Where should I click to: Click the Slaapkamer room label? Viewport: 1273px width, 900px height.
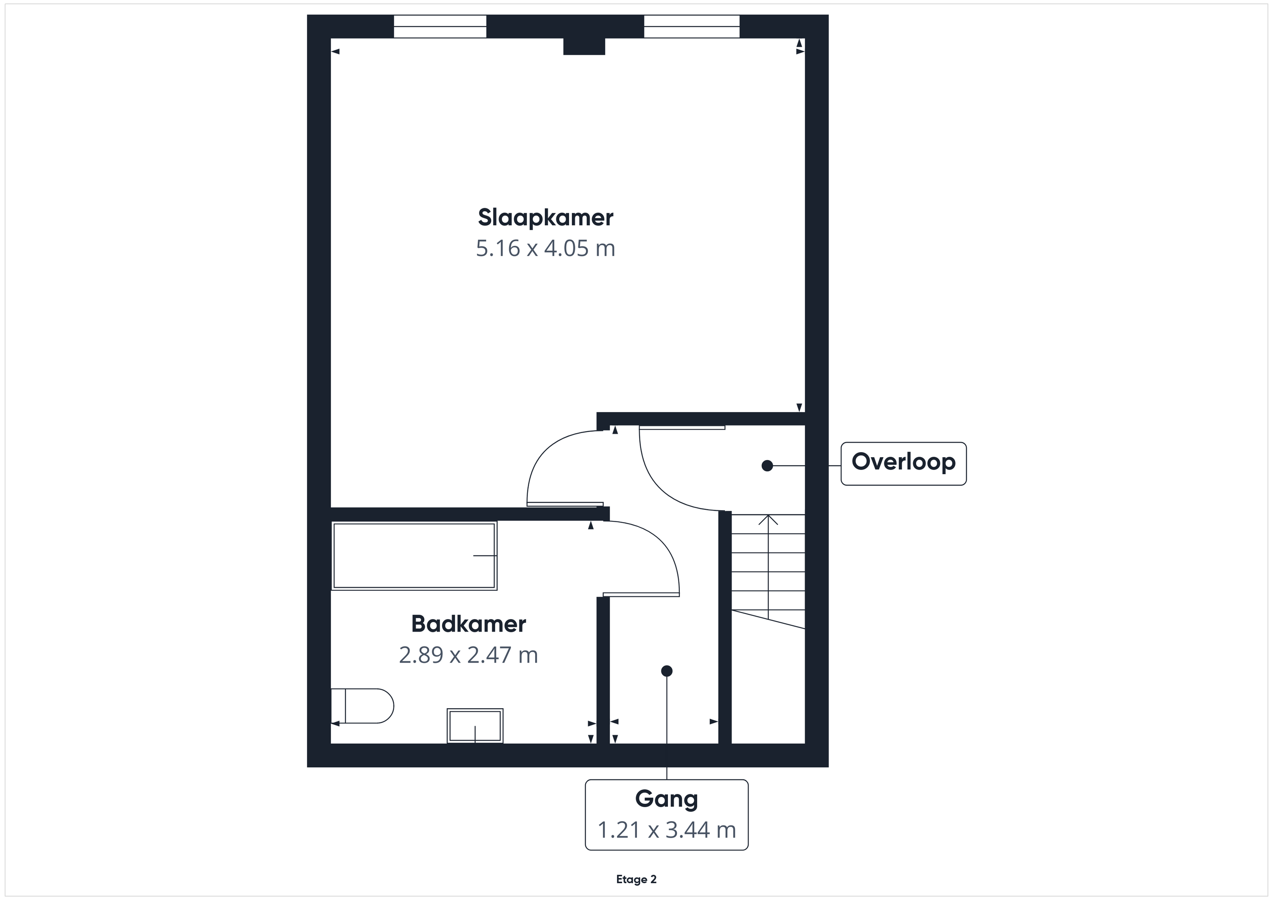pyautogui.click(x=546, y=218)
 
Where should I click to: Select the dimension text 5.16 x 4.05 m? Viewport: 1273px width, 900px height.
pyautogui.click(x=546, y=248)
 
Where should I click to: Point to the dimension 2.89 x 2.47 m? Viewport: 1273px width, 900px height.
pyautogui.click(x=468, y=655)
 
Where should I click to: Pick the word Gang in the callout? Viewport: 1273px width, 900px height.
pyautogui.click(x=667, y=799)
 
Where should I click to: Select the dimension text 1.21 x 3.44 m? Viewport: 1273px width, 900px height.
pyautogui.click(x=667, y=830)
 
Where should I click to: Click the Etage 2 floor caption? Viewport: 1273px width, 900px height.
pyautogui.click(x=636, y=879)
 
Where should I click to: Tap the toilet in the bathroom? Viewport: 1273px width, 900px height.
pyautogui.click(x=362, y=706)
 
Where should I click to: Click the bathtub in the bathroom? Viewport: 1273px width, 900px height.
pyautogui.click(x=414, y=555)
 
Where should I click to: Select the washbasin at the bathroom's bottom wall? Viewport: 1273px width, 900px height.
pyautogui.click(x=475, y=725)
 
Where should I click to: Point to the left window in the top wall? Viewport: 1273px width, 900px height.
pyautogui.click(x=440, y=27)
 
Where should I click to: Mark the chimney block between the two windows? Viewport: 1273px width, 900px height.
pyautogui.click(x=584, y=47)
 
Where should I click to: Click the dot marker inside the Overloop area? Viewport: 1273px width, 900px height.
pyautogui.click(x=767, y=466)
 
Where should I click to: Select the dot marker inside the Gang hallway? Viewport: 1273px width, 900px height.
pyautogui.click(x=667, y=671)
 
